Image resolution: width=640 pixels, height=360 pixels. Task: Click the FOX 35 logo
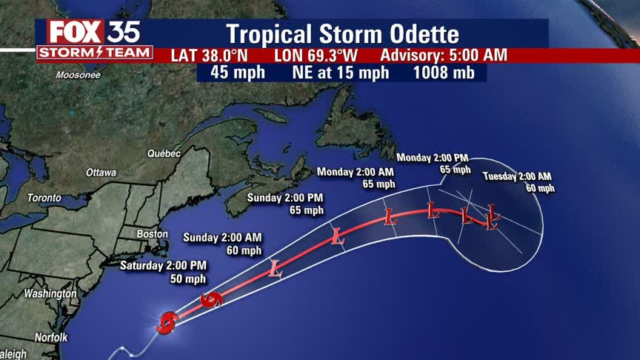click(93, 31)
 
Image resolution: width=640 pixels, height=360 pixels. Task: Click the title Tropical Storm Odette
click(342, 34)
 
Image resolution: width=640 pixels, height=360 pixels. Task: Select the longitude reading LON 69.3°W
click(316, 56)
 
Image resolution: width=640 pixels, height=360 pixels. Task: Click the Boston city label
click(152, 234)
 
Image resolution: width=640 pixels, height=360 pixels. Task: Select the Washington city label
click(50, 293)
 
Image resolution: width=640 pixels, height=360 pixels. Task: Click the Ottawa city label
click(101, 172)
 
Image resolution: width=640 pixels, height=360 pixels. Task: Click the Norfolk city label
click(50, 337)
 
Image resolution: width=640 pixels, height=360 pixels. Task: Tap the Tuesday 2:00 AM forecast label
click(517, 176)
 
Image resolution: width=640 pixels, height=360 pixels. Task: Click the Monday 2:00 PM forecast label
click(433, 158)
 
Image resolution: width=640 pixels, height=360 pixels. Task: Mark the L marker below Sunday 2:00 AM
click(276, 269)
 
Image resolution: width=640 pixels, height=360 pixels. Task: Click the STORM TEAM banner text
click(95, 53)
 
